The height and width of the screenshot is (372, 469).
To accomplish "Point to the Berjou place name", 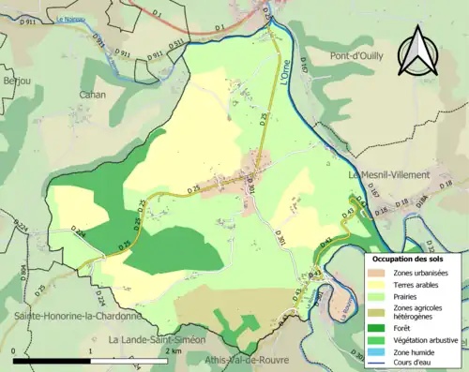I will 15,82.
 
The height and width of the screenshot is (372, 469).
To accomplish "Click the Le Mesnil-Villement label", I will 388,175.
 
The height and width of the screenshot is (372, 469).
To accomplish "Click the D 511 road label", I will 175,44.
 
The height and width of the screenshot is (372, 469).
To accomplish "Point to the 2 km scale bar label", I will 173,350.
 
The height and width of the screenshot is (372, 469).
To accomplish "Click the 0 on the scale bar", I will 14,350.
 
